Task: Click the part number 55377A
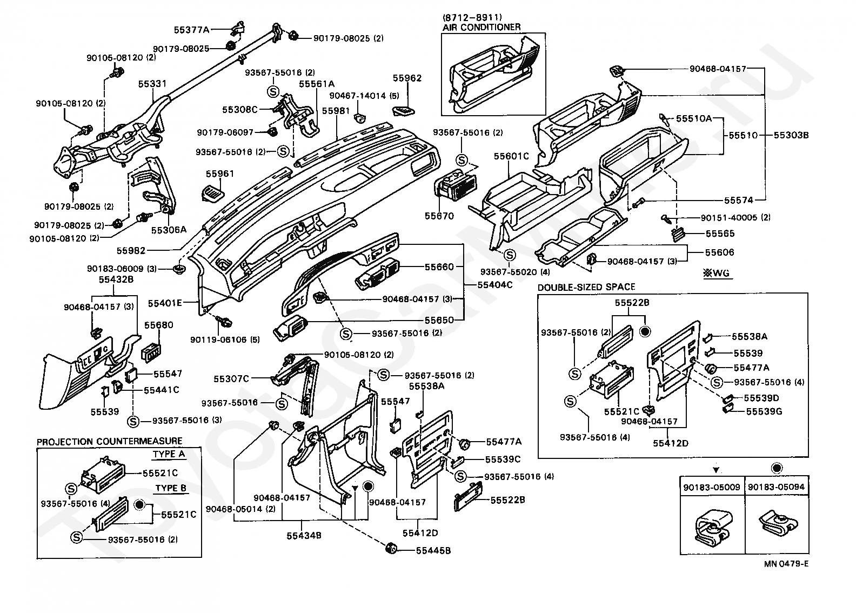[x=191, y=29]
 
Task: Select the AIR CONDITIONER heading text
[x=482, y=27]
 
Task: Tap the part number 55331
[x=152, y=84]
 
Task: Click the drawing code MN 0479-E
[x=786, y=564]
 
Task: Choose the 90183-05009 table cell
[x=712, y=487]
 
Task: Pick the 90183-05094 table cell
[x=776, y=487]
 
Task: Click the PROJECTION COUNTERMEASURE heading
[x=110, y=441]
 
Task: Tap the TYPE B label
[x=171, y=488]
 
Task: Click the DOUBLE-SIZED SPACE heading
[x=586, y=287]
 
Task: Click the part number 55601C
[x=511, y=156]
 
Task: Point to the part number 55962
[x=407, y=78]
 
